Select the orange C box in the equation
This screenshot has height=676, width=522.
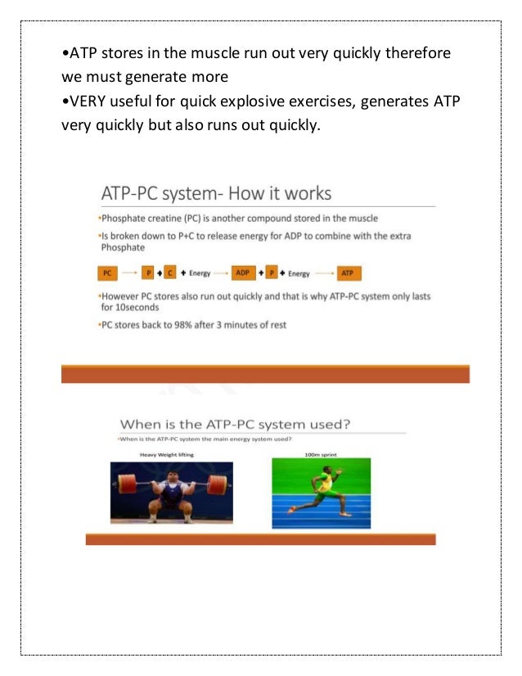(x=169, y=273)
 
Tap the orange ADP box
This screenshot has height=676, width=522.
(x=242, y=273)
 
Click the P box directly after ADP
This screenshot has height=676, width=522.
(x=272, y=273)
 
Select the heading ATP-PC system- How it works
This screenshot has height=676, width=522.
(x=215, y=194)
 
